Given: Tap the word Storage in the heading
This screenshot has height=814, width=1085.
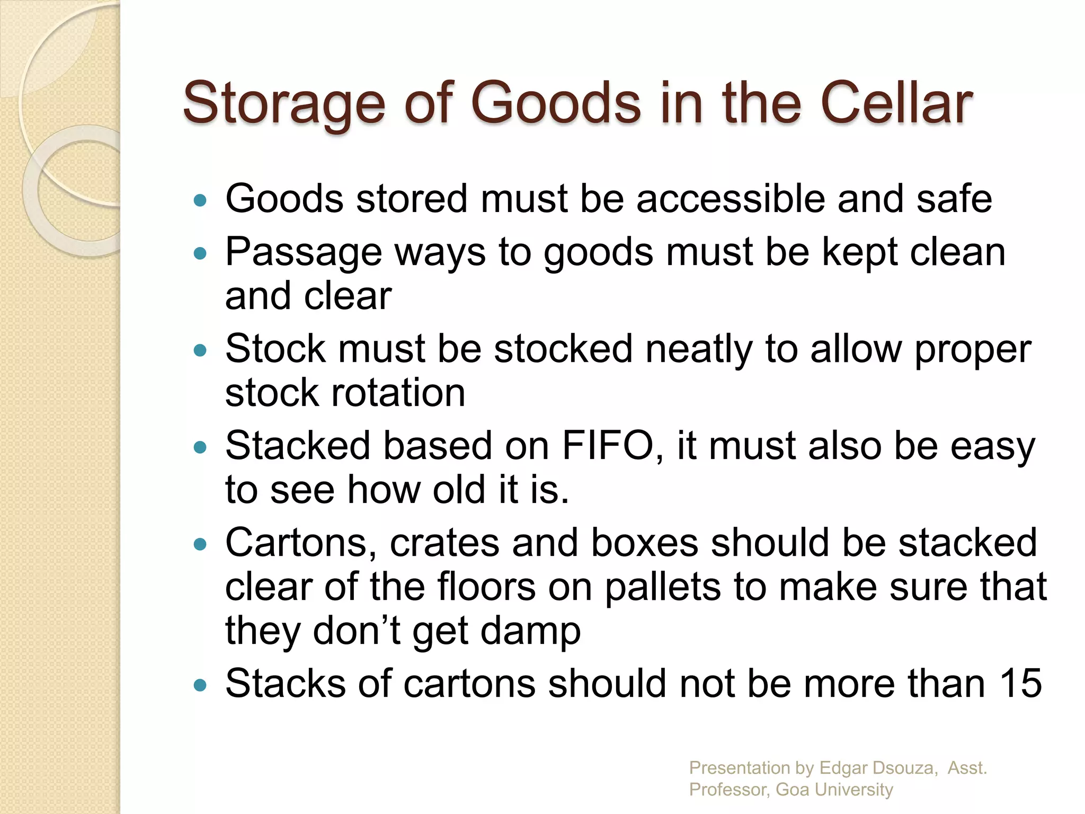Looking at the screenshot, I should coord(283,104).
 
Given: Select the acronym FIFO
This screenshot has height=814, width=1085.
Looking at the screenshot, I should coord(608,446).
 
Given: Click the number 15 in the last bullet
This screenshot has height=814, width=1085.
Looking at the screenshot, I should coord(1021,684).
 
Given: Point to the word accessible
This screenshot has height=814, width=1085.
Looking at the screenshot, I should coord(731,199).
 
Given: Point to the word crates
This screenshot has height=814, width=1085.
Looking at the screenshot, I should coord(444,543).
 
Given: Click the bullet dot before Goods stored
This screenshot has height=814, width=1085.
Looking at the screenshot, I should coord(200,200).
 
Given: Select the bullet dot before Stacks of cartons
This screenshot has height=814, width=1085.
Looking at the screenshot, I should coord(200,685).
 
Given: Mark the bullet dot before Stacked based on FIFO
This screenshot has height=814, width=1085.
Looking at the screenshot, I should coord(200,447).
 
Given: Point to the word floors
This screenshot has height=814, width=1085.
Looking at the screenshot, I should coord(486,587).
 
